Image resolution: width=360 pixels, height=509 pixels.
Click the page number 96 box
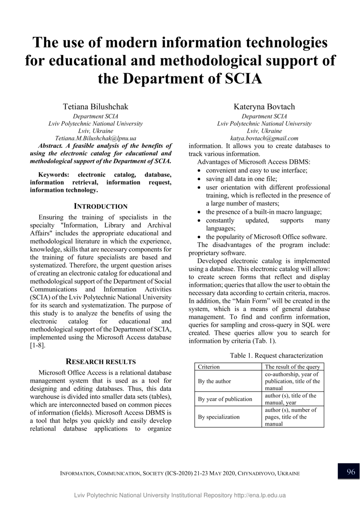point(349,472)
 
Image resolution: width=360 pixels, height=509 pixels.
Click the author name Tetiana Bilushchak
point(95,107)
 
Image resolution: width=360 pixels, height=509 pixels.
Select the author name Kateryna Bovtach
point(264,107)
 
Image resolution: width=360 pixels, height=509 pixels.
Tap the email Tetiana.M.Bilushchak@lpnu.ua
point(95,138)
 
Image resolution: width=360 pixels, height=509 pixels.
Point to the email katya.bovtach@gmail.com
point(264,138)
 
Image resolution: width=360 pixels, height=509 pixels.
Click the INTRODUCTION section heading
point(101,206)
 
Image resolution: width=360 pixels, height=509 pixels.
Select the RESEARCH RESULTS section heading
point(101,362)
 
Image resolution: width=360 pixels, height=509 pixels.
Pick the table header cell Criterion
point(209,367)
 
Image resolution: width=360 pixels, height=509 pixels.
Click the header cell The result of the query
point(292,367)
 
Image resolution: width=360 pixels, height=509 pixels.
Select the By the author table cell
point(214,381)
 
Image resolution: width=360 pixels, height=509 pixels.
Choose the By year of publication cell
point(225,399)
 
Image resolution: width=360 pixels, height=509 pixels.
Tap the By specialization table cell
point(219,417)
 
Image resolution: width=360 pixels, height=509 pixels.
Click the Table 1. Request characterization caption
point(276,355)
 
